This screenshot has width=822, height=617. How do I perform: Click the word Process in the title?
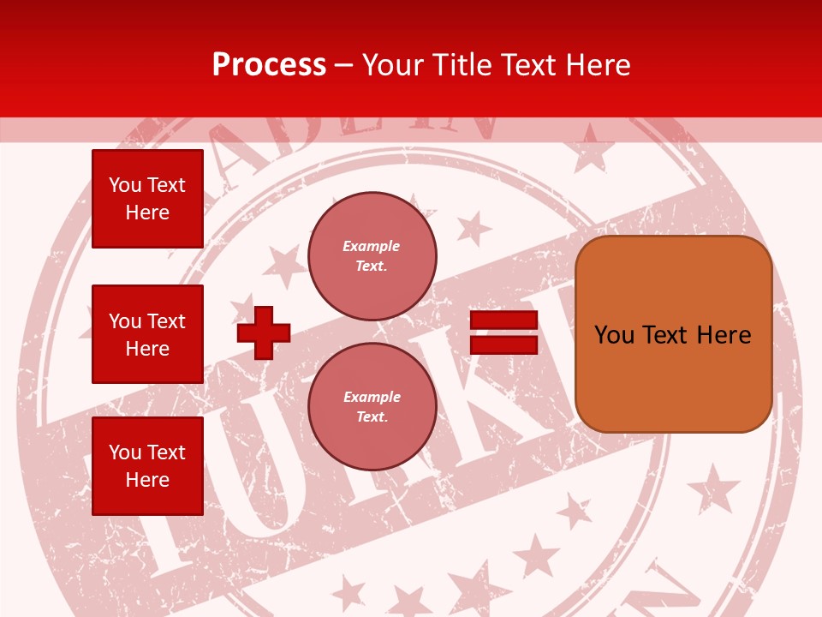click(269, 65)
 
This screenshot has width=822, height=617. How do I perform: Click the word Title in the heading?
click(461, 65)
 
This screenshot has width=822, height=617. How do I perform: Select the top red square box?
click(147, 199)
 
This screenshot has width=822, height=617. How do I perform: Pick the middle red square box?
click(147, 334)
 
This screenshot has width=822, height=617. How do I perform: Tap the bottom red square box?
click(147, 466)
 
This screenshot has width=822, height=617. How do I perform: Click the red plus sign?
click(264, 332)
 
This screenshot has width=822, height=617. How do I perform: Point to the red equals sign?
click(503, 332)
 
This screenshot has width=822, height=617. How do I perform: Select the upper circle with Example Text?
click(372, 256)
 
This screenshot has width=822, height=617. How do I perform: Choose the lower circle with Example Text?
click(372, 407)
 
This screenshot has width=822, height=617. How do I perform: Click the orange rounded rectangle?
click(674, 334)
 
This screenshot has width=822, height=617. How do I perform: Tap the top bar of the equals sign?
click(503, 320)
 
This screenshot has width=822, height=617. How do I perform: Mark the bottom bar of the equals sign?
click(503, 344)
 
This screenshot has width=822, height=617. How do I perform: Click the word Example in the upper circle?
click(371, 246)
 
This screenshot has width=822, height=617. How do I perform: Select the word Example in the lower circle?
click(372, 397)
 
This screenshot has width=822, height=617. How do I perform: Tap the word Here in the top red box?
click(147, 213)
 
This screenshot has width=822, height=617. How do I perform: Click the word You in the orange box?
click(614, 335)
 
